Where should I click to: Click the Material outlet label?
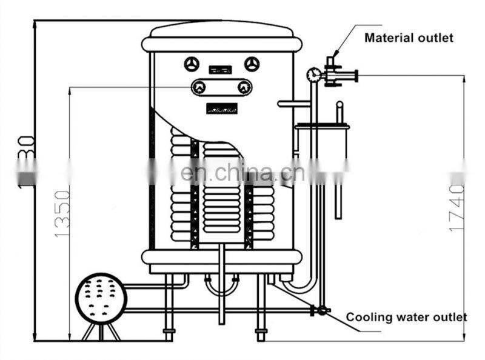click(x=409, y=38)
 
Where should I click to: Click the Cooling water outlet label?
click(x=406, y=317)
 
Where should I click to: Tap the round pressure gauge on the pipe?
click(x=313, y=75)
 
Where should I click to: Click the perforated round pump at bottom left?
click(x=101, y=298)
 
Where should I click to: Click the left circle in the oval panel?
click(x=199, y=87)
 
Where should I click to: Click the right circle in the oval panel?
click(x=244, y=87)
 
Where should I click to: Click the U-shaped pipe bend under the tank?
click(x=221, y=286)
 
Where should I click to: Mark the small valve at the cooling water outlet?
click(x=321, y=310)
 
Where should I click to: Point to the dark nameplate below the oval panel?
click(x=221, y=108)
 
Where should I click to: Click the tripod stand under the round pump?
click(x=101, y=331)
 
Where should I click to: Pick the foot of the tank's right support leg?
click(x=261, y=333)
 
